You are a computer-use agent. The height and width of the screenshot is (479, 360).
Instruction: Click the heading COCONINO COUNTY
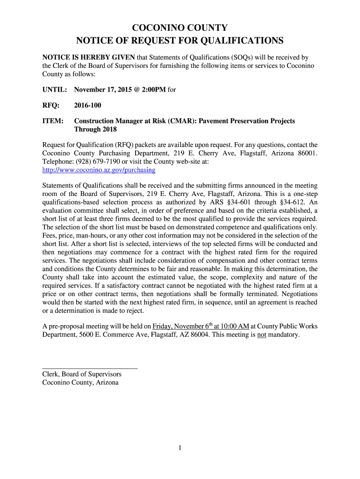pyautogui.click(x=180, y=28)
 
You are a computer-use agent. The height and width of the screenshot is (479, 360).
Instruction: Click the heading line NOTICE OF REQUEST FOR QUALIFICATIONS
pyautogui.click(x=180, y=41)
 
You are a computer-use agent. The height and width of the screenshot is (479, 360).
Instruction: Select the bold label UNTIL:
pyautogui.click(x=55, y=89)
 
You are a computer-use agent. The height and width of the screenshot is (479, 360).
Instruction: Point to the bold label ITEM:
pyautogui.click(x=53, y=121)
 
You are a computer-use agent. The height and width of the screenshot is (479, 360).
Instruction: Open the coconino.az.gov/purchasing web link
pyautogui.click(x=99, y=169)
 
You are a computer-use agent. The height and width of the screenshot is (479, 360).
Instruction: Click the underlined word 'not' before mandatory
pyautogui.click(x=261, y=335)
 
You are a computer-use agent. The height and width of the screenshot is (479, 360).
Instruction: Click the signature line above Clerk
pyautogui.click(x=90, y=369)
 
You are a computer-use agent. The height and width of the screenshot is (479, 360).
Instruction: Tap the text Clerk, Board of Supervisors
pyautogui.click(x=82, y=374)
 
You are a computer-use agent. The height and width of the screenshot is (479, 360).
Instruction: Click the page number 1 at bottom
pyautogui.click(x=180, y=448)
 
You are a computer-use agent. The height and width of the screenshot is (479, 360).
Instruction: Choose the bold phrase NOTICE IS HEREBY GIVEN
pyautogui.click(x=88, y=58)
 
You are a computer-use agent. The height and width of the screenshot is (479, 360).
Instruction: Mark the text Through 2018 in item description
pyautogui.click(x=95, y=130)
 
